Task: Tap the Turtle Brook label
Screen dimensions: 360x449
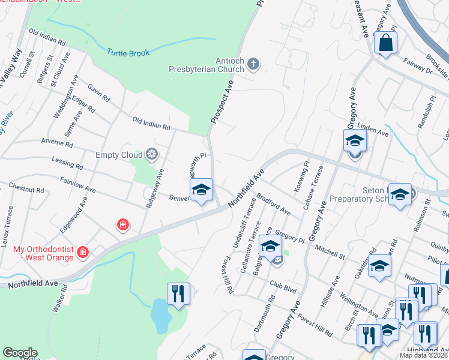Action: click(x=128, y=53)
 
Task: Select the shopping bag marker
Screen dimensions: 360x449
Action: click(x=385, y=43)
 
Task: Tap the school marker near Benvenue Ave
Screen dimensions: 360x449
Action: click(x=202, y=191)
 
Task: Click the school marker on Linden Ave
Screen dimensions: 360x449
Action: click(x=355, y=142)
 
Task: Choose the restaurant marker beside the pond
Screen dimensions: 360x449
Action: click(x=178, y=294)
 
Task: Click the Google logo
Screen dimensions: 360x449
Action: click(x=20, y=353)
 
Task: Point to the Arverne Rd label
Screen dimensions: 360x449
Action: click(x=57, y=145)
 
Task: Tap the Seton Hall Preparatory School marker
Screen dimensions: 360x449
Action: click(x=400, y=196)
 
